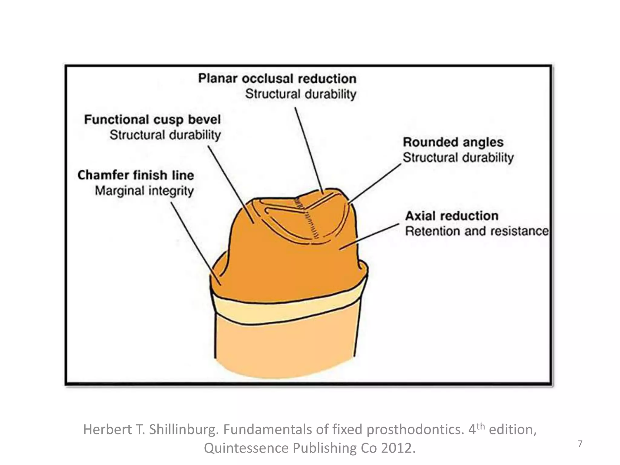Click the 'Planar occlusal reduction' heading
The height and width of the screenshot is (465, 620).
click(x=277, y=79)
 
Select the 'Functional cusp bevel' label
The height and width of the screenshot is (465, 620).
click(x=152, y=120)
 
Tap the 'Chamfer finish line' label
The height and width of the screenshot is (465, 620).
click(x=136, y=175)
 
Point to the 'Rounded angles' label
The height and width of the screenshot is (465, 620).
click(x=453, y=142)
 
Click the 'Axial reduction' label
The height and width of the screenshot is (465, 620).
click(x=452, y=216)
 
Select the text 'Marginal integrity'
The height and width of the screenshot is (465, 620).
click(x=144, y=191)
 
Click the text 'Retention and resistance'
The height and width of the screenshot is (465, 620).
click(x=477, y=231)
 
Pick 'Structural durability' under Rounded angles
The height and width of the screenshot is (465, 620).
click(x=458, y=158)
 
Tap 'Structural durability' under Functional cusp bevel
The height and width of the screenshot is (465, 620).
click(x=165, y=135)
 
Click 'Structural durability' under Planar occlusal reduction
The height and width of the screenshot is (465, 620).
click(x=301, y=94)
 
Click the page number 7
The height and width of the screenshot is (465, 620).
click(x=580, y=444)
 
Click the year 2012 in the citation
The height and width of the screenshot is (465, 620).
click(x=398, y=448)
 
